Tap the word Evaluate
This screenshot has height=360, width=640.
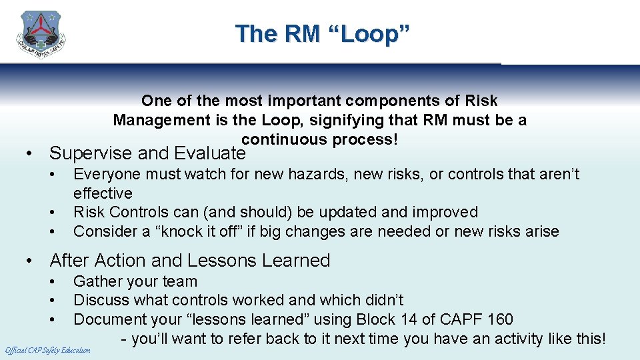point(210,153)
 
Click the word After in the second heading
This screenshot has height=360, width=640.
point(69,260)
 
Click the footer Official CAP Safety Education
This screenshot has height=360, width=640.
point(47,350)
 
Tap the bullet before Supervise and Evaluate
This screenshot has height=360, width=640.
point(29,153)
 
